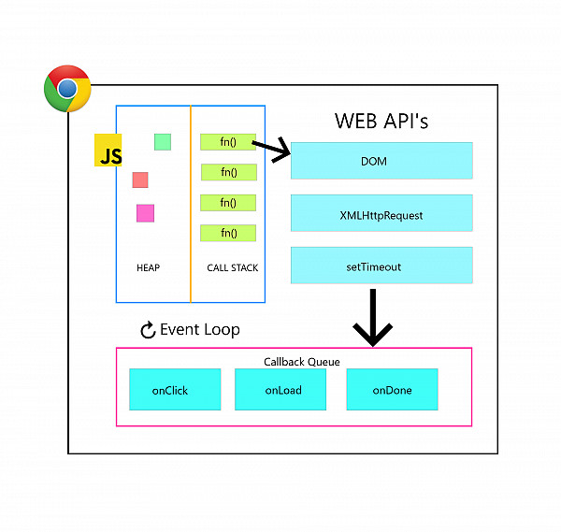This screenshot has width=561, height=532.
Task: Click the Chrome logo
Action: (67, 89)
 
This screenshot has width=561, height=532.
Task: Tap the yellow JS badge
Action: (109, 151)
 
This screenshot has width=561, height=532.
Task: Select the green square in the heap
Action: (163, 141)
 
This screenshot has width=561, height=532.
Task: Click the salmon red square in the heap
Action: (140, 180)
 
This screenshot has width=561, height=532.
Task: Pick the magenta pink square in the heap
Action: (145, 213)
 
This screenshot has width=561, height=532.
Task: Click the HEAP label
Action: (148, 267)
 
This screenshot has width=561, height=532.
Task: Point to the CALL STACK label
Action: (232, 267)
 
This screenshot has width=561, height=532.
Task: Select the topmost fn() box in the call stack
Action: (228, 142)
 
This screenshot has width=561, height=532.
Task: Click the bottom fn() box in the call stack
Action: (228, 233)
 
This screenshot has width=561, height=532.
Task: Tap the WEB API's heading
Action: (381, 122)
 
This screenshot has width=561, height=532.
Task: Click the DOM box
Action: (381, 161)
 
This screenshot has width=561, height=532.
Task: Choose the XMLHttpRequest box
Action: (381, 214)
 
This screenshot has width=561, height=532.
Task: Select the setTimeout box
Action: (381, 266)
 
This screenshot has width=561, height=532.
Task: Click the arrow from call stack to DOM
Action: (272, 149)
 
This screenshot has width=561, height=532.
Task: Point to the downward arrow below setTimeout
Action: (372, 318)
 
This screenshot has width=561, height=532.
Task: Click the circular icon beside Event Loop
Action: (147, 330)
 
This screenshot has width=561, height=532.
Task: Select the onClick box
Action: (175, 390)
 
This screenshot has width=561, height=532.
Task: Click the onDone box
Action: (392, 390)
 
